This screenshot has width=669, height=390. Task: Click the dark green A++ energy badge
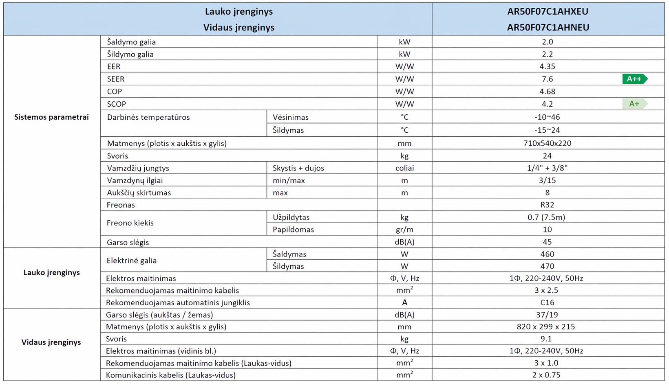(x=634, y=79)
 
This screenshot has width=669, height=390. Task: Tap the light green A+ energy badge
(x=634, y=104)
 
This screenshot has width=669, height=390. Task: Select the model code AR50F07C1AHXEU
(x=548, y=11)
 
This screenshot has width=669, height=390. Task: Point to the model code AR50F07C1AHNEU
(x=548, y=27)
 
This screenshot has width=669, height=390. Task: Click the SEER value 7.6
(x=547, y=79)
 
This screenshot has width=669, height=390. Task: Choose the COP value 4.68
(x=547, y=92)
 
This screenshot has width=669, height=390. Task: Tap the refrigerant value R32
(x=547, y=205)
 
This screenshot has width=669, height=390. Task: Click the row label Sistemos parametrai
(x=51, y=117)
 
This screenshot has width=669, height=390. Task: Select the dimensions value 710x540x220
(x=547, y=143)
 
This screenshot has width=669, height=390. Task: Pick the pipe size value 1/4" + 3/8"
(x=547, y=168)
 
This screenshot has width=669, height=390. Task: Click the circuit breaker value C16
(x=547, y=302)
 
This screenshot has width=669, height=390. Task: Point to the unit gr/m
(x=404, y=230)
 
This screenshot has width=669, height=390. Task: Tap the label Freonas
(x=121, y=205)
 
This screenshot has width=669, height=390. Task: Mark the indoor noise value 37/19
(x=547, y=315)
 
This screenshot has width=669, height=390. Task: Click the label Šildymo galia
(x=130, y=54)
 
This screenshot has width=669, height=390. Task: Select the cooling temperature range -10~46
(x=547, y=117)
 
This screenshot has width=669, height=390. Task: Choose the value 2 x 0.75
(x=546, y=375)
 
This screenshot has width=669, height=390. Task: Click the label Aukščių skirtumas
(x=139, y=193)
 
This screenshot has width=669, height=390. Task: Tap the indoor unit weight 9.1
(x=546, y=339)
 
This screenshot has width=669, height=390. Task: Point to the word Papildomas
(x=294, y=230)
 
